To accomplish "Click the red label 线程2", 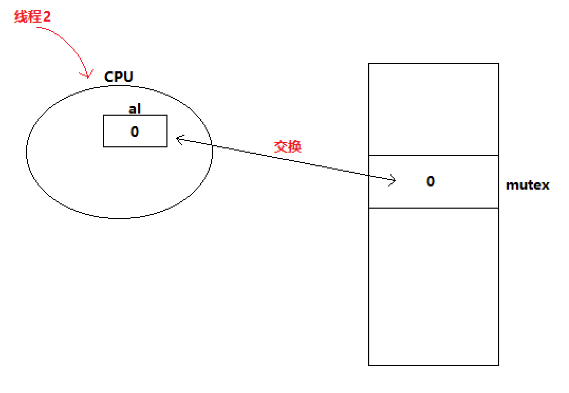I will [32, 17].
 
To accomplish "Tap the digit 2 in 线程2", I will [47, 17].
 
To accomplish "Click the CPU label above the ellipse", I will [119, 77].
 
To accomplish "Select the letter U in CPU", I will [128, 77].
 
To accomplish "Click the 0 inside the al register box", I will [135, 132].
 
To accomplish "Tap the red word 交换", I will [287, 146].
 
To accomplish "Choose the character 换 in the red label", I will [294, 146].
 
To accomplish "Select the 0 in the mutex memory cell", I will [431, 182].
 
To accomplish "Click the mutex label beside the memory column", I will [527, 185].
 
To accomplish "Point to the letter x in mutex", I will [545, 186].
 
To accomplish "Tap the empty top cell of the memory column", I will [433, 109].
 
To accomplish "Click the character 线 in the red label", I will [20, 17].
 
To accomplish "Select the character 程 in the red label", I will [33, 17].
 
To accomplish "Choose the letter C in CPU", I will [109, 77].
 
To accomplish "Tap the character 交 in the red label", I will [281, 146].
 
